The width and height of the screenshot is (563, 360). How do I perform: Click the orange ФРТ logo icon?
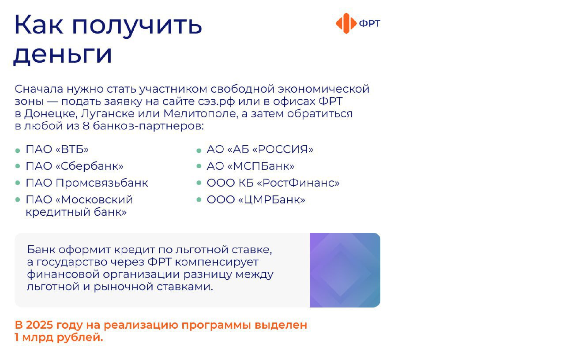(346, 23)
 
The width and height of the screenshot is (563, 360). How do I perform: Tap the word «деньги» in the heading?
(62, 54)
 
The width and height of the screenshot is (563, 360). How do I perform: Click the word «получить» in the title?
(137, 26)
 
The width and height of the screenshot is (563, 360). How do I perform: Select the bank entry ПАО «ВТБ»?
(57, 149)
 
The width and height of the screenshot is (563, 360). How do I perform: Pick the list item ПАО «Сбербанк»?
(75, 166)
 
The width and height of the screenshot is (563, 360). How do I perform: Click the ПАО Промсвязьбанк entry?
(87, 183)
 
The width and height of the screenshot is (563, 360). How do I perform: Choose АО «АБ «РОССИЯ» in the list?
(260, 149)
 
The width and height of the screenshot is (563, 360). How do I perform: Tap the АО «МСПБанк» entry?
(250, 166)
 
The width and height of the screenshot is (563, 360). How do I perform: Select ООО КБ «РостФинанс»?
(273, 183)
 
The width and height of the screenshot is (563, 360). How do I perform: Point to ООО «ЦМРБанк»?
(256, 199)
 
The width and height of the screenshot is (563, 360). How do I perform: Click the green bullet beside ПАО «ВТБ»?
(18, 151)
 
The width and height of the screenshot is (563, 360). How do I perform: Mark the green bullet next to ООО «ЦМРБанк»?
(199, 199)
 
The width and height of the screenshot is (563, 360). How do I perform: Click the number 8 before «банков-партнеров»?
(86, 126)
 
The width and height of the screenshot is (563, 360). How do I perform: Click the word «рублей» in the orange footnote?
(80, 337)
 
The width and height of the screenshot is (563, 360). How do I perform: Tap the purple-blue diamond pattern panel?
(345, 270)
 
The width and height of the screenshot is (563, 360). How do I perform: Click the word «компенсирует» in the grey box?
(217, 262)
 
